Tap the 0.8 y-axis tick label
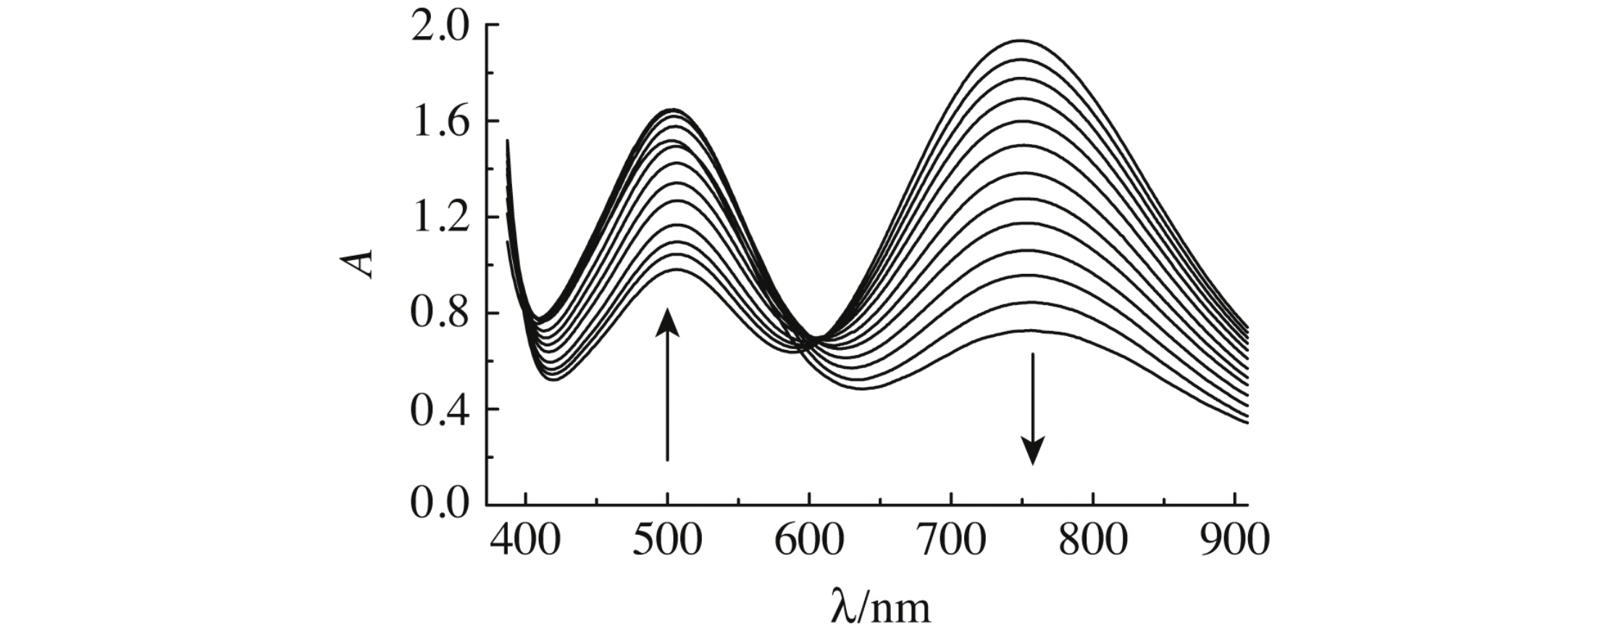[x=440, y=314]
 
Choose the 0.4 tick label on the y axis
[x=440, y=410]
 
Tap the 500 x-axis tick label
[x=667, y=541]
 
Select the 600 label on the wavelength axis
[x=809, y=541]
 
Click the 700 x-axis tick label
[x=951, y=541]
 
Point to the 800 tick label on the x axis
[x=1093, y=541]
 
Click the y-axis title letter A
[x=359, y=264]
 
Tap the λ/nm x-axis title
[x=879, y=606]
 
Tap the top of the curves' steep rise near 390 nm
[x=507, y=141]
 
